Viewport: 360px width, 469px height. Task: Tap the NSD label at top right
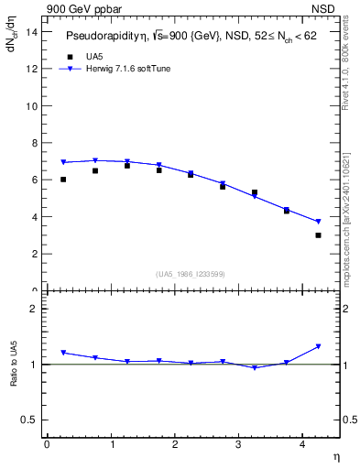pos(327,8)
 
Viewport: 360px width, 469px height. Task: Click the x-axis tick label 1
pos(111,444)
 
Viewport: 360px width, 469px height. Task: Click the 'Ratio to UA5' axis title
pos(14,379)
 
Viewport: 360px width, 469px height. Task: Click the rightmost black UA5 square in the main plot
pos(318,235)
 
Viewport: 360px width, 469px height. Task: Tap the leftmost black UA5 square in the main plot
pos(63,180)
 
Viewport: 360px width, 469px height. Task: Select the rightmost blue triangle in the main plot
pos(318,222)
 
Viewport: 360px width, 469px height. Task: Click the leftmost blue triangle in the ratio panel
pos(63,353)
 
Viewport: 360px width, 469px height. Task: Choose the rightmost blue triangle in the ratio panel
pos(318,346)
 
